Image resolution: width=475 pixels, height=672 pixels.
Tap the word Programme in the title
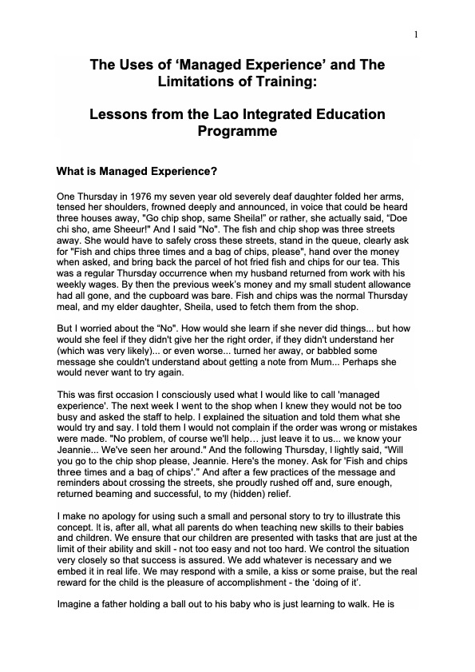[x=237, y=131]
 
